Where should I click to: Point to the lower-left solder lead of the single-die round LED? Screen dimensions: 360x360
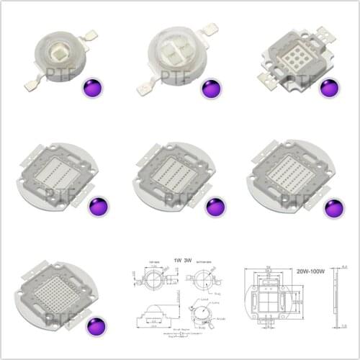(30, 84)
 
